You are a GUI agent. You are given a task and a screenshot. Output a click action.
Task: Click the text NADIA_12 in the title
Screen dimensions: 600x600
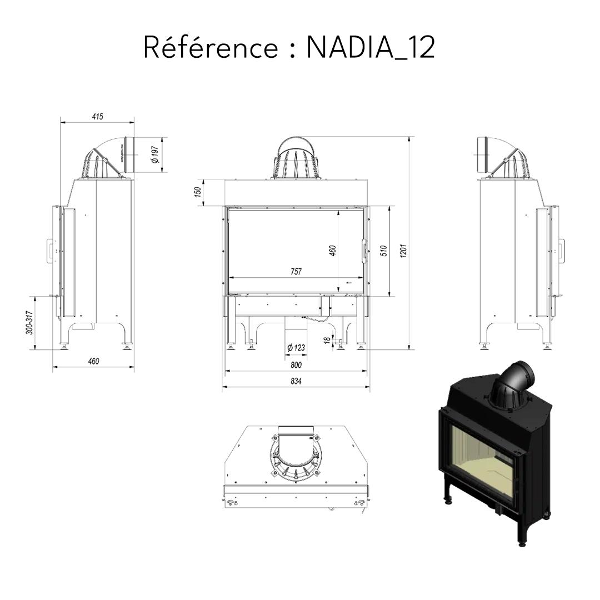(x=371, y=48)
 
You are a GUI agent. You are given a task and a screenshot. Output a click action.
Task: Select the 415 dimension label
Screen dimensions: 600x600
(x=97, y=117)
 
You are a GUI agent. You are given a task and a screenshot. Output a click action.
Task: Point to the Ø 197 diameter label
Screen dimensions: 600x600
(x=155, y=154)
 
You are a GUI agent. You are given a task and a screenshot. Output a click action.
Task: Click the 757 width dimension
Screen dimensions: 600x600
(x=296, y=272)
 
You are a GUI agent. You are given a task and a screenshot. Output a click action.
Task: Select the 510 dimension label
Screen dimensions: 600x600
(x=383, y=251)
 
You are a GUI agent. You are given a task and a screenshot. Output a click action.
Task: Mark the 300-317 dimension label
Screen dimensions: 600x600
(x=31, y=322)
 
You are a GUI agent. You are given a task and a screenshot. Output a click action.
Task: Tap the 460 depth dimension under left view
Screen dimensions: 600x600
(x=93, y=362)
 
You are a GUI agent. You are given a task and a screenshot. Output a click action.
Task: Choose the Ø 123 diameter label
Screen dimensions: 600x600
(x=296, y=348)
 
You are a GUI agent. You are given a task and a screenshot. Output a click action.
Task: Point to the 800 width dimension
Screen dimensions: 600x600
(x=296, y=365)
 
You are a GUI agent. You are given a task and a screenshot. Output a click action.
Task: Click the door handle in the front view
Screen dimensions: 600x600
(x=364, y=249)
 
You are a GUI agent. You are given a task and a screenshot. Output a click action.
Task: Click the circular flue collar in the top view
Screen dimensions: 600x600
(x=296, y=453)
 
